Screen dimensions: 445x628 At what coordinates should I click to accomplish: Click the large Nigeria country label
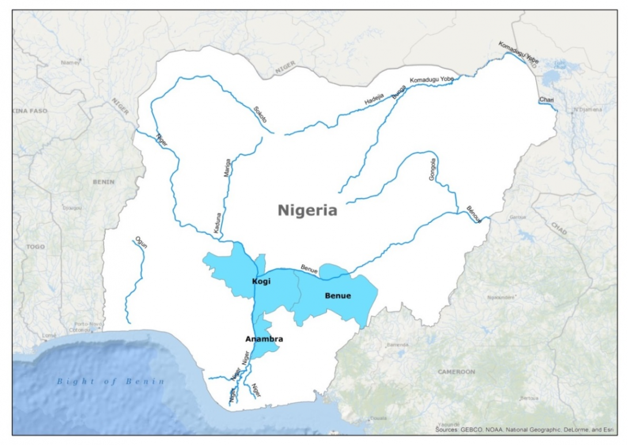(307, 210)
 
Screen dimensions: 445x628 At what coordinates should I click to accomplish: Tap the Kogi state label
(261, 281)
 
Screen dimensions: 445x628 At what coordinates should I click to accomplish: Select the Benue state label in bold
(338, 296)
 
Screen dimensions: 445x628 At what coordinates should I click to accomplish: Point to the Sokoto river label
(260, 114)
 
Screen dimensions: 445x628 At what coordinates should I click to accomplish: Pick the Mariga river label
(227, 171)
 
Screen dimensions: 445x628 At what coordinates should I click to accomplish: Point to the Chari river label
(546, 100)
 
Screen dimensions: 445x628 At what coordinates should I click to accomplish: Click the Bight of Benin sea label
(110, 381)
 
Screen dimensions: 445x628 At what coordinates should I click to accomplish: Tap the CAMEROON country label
(456, 372)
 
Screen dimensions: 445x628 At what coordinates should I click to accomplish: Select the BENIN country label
(104, 182)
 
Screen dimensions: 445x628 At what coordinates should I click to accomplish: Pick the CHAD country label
(558, 228)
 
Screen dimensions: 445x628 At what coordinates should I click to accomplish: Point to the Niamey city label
(70, 62)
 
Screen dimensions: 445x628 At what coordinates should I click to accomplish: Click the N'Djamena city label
(587, 110)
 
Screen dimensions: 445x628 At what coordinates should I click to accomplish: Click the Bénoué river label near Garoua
(474, 214)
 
